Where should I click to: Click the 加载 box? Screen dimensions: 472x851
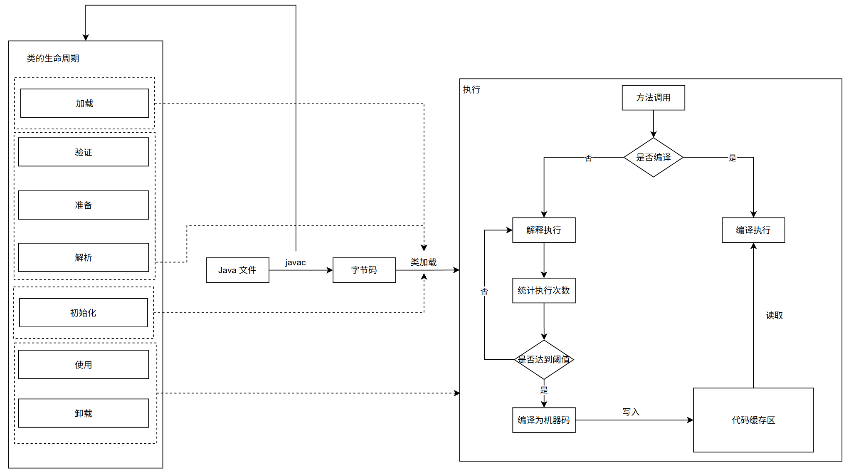84,103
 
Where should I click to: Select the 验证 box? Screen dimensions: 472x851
84,152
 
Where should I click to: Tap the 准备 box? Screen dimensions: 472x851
84,205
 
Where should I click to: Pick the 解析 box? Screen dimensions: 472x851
84,257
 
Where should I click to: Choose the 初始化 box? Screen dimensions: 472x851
84,313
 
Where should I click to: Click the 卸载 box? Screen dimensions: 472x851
84,413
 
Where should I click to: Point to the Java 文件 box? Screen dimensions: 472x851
237,270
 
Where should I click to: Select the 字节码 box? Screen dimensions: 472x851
364,270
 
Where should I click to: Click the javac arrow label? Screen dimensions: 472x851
296,262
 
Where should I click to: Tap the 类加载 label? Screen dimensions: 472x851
424,262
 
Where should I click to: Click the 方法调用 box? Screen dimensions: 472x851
653,98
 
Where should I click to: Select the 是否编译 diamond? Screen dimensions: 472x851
653,158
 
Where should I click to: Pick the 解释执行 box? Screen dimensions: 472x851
544,230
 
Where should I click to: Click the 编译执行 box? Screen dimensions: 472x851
753,230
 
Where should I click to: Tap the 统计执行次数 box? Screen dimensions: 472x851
544,290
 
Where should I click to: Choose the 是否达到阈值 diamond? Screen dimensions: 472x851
544,359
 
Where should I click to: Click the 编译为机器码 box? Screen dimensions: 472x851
544,420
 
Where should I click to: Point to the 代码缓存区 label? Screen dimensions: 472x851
753,420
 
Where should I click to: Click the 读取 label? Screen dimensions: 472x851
774,315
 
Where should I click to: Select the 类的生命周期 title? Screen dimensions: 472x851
53,58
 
